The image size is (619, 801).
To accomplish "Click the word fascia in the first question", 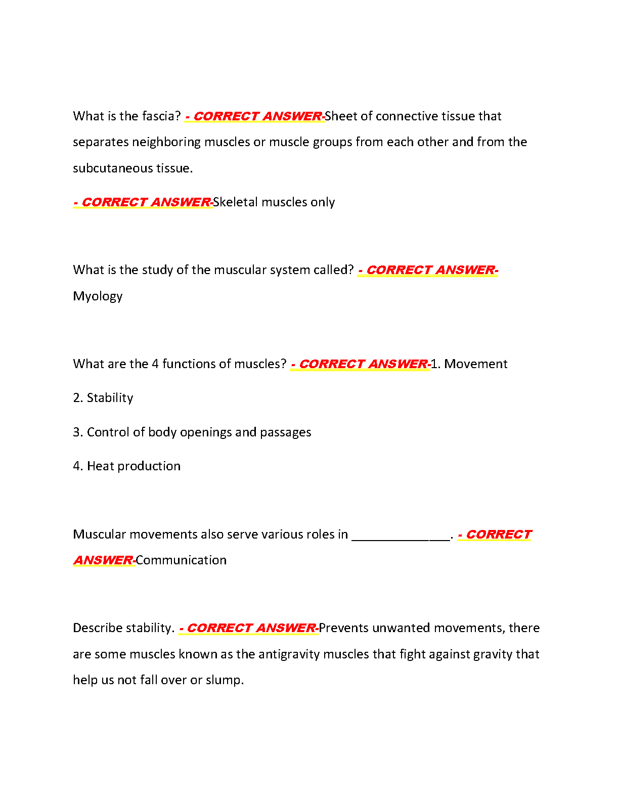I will (158, 116).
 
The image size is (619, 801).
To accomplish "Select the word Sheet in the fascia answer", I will (341, 116).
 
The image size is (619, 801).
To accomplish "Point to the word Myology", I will (98, 296).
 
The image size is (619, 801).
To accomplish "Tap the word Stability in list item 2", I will (110, 398).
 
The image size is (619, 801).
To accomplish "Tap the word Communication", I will (181, 560).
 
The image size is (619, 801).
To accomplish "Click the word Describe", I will (98, 628).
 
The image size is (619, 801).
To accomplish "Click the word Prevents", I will (344, 628).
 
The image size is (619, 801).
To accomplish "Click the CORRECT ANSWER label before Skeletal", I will (143, 202).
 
